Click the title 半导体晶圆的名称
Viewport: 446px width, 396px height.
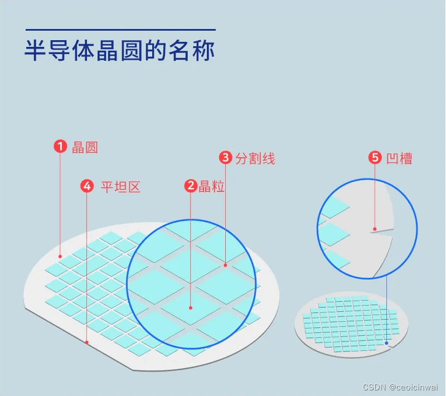click(120, 51)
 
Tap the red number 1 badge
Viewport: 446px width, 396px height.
click(60, 147)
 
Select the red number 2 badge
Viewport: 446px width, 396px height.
click(191, 186)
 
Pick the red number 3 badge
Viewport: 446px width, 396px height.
click(226, 158)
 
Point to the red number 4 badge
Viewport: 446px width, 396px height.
click(87, 186)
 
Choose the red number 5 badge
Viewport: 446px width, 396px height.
click(375, 158)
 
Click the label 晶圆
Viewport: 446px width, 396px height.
click(85, 147)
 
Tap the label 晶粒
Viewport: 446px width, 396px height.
click(212, 187)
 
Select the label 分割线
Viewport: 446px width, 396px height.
click(255, 158)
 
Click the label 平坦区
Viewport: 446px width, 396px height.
click(120, 187)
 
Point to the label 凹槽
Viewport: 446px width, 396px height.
click(400, 158)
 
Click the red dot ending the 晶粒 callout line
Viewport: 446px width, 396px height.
click(191, 307)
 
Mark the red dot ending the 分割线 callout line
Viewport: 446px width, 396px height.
click(226, 265)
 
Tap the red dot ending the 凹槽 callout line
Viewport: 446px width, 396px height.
click(375, 228)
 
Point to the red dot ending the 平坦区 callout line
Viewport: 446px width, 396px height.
click(87, 342)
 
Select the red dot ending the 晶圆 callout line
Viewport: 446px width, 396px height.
click(60, 257)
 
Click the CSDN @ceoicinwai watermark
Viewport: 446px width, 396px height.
click(400, 387)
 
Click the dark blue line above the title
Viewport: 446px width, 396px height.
click(120, 30)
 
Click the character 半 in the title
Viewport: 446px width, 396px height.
click(35, 51)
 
